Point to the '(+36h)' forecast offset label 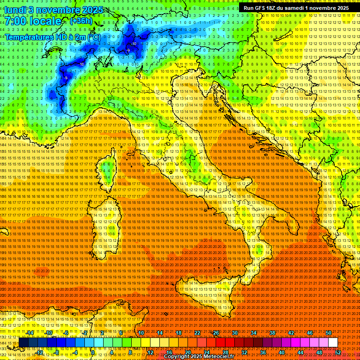81,21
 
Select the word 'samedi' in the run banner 306,8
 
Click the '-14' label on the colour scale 30,333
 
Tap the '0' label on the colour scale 93,352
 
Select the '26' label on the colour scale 216,333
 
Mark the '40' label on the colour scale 281,352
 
